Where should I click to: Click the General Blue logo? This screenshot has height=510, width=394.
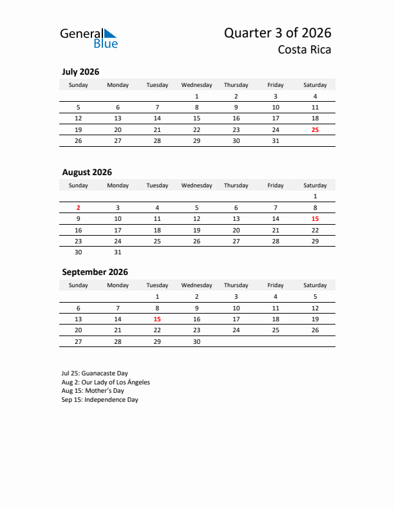[x=89, y=38]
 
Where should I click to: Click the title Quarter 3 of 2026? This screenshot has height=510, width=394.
[x=277, y=33]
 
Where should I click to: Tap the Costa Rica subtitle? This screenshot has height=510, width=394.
[x=305, y=50]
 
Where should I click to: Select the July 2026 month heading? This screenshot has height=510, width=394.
[x=80, y=72]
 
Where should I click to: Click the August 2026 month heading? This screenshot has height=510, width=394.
[x=87, y=173]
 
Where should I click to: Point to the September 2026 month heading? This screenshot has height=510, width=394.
[x=95, y=272]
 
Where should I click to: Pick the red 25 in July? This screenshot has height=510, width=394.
[x=315, y=130]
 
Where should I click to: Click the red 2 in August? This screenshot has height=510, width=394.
[x=79, y=208]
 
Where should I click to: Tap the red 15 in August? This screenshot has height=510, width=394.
[x=315, y=219]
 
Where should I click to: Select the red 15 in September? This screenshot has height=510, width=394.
[x=157, y=319]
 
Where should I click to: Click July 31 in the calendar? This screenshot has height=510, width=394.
[x=276, y=141]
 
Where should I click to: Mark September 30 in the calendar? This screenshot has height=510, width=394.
[x=196, y=342]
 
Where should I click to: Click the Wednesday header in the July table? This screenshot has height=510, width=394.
[x=196, y=85]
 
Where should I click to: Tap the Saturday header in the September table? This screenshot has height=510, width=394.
[x=315, y=285]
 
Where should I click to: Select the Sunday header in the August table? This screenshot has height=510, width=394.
[x=79, y=185]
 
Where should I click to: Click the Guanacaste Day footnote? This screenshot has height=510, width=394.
[x=95, y=373]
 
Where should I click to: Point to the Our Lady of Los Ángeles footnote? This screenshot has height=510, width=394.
[x=106, y=382]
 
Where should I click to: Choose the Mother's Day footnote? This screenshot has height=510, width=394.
[x=93, y=391]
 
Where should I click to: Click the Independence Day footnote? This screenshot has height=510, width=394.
[x=100, y=400]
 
